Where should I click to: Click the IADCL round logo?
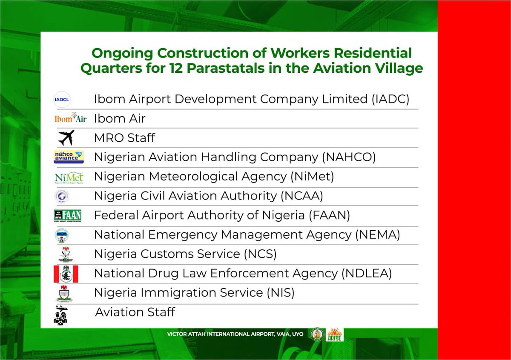tap(62, 100)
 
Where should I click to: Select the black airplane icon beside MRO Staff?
tap(66, 137)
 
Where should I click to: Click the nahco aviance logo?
tap(69, 157)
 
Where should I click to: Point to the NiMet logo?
tap(69, 177)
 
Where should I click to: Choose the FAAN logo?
tap(67, 216)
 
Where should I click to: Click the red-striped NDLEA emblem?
tap(66, 274)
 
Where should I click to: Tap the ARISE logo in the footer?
tap(335, 334)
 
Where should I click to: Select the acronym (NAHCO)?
tap(349, 157)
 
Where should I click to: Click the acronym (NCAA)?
tap(301, 196)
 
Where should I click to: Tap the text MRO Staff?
tap(124, 138)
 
